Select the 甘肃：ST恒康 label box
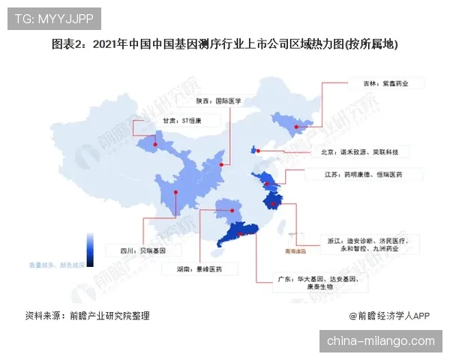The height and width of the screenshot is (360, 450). (182, 119)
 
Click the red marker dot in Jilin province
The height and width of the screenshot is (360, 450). (297, 127)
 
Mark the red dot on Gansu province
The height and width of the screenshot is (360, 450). (158, 137)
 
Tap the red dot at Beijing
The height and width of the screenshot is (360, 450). (257, 151)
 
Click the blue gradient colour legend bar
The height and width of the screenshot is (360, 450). (89, 248)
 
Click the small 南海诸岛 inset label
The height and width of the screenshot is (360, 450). (286, 251)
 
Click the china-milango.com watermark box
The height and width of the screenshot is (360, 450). (380, 341)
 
